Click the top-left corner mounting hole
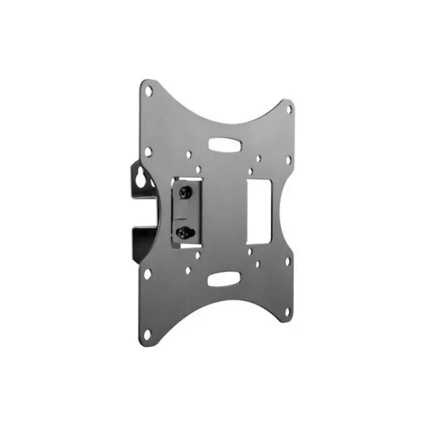point(148,90)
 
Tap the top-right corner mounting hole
point(289,110)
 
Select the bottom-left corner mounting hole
point(148,333)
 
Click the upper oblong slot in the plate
point(223,145)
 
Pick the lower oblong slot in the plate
point(223,280)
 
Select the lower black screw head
point(184,232)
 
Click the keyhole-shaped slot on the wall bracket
point(141,181)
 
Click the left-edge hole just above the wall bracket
point(148,151)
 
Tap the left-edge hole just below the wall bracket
point(148,273)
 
